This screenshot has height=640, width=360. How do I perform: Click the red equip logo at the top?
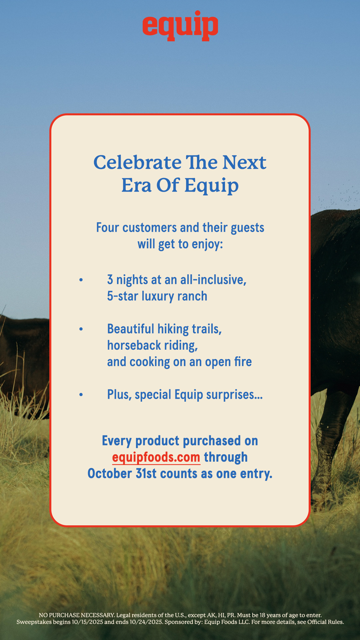point(180,26)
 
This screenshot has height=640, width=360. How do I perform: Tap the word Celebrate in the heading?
point(138,162)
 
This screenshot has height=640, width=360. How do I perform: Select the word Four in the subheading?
point(108,228)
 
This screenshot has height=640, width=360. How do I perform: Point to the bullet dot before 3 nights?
point(81,280)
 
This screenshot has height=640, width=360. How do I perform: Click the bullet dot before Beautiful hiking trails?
point(81,329)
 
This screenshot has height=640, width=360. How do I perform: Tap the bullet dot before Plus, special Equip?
point(81,395)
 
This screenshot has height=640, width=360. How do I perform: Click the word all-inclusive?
point(213,280)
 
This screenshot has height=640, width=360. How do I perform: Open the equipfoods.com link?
point(156,457)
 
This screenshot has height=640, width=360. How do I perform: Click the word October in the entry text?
point(110,474)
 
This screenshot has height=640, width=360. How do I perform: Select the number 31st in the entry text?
point(146,474)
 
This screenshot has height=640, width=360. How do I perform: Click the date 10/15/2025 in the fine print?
point(87,622)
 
